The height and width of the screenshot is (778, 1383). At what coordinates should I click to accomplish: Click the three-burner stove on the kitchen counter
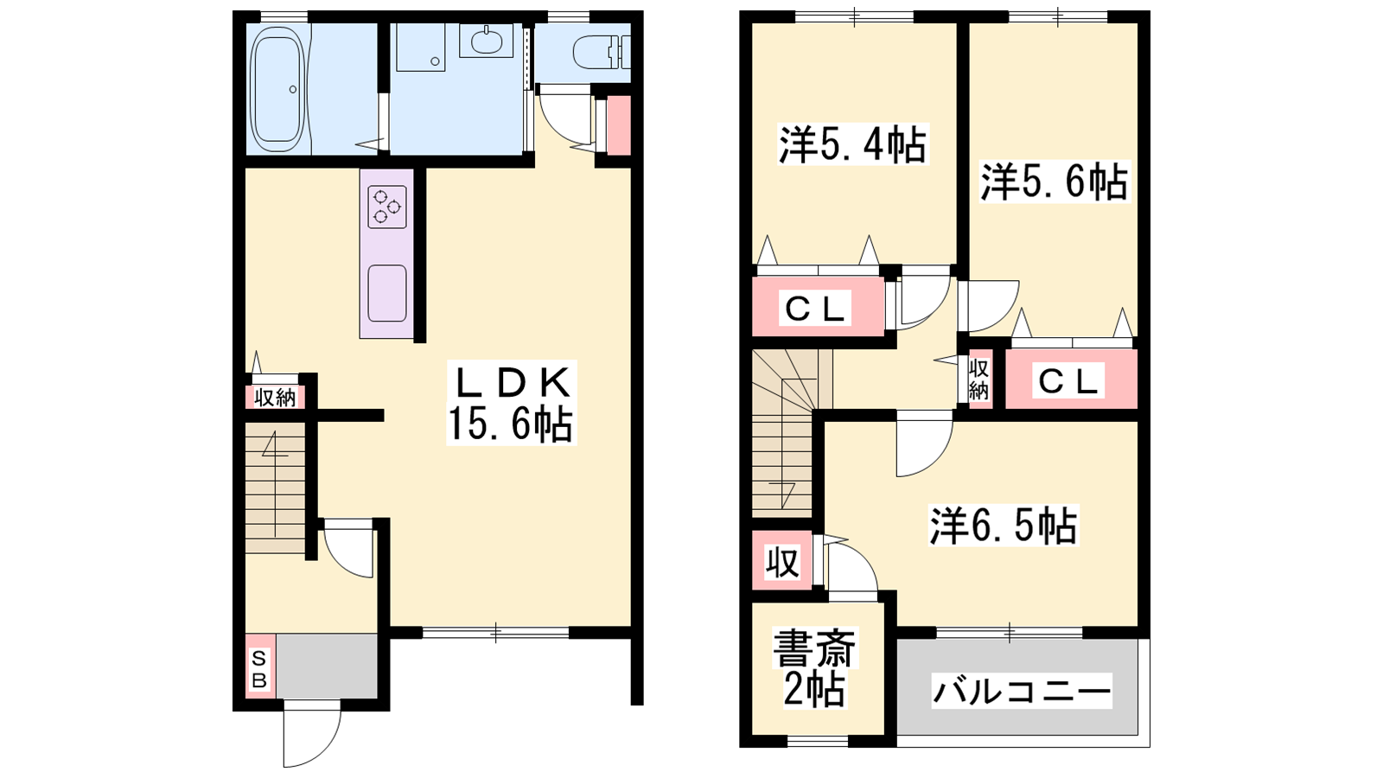pyautogui.click(x=387, y=207)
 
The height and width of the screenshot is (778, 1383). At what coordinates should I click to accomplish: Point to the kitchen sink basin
pyautogui.click(x=387, y=293)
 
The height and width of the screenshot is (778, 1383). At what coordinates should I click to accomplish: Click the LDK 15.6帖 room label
pyautogui.click(x=510, y=404)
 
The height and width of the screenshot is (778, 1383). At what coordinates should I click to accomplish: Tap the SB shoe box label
pyautogui.click(x=259, y=669)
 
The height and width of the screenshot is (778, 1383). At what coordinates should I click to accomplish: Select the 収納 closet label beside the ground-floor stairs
pyautogui.click(x=275, y=397)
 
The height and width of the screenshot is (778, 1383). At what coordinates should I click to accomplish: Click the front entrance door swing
pyautogui.click(x=311, y=735)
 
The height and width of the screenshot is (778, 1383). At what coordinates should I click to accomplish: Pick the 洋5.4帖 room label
pyautogui.click(x=852, y=145)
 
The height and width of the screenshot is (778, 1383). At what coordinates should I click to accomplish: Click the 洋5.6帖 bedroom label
pyautogui.click(x=1053, y=182)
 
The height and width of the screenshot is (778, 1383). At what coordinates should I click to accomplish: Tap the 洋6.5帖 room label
pyautogui.click(x=1003, y=526)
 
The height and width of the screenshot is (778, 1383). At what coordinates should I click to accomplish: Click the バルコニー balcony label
pyautogui.click(x=1021, y=692)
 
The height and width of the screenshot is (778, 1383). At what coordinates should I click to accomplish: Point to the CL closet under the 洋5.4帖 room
pyautogui.click(x=815, y=308)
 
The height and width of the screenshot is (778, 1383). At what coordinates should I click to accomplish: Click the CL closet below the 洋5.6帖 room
pyautogui.click(x=1069, y=380)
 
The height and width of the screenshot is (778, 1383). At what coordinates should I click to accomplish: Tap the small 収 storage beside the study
pyautogui.click(x=782, y=563)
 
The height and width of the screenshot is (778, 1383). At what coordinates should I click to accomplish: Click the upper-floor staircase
pyautogui.click(x=782, y=432)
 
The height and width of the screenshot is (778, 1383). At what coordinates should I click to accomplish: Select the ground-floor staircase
pyautogui.click(x=275, y=488)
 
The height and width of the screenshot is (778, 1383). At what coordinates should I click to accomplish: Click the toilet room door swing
pyautogui.click(x=562, y=117)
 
